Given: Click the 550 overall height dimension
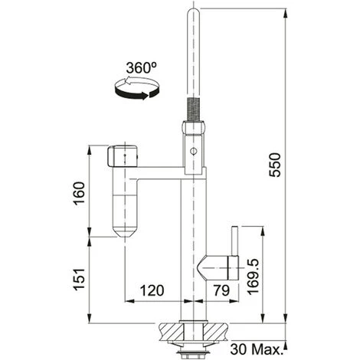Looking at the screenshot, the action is coord(275,165).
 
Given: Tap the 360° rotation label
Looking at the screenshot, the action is coord(141,68).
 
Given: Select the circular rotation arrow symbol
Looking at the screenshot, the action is coord(136,88).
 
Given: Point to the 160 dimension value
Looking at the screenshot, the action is coord(79,193).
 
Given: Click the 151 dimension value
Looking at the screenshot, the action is coord(79,279).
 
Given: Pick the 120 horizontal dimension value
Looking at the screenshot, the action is coord(152,290).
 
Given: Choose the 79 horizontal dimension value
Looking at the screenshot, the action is coord(221,290).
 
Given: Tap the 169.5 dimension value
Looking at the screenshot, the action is coord(253,277).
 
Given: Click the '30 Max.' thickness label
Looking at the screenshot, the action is coord(255,349).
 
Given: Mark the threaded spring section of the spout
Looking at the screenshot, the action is coord(193,110).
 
